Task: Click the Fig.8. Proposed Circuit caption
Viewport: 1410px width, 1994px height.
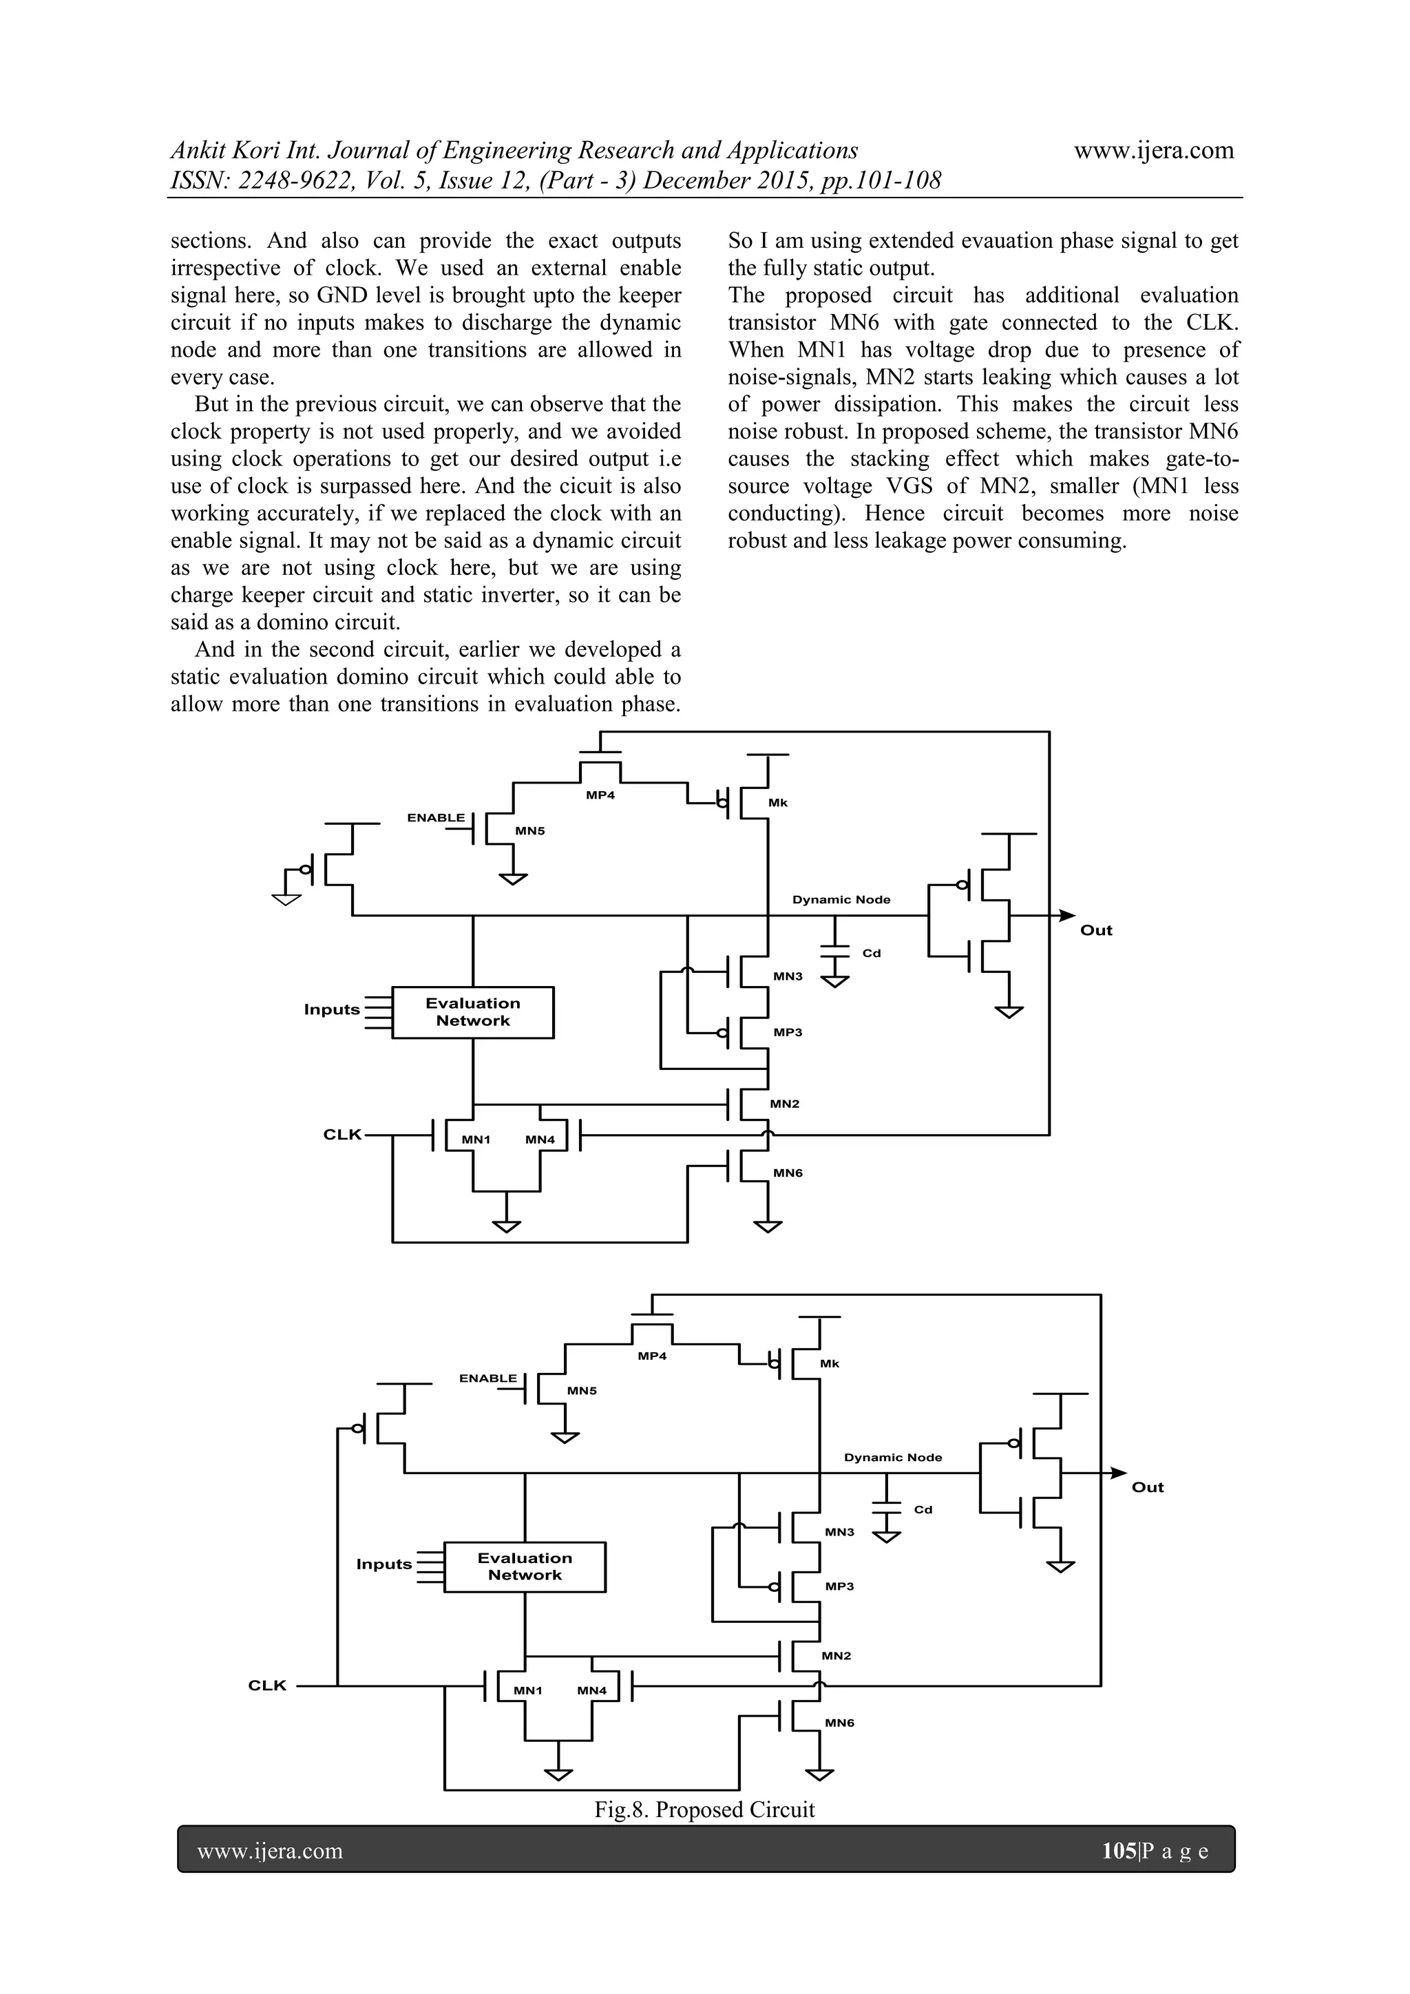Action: (x=704, y=1809)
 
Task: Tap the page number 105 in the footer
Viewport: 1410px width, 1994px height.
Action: (x=1118, y=1851)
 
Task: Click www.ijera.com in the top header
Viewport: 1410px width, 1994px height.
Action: (x=1154, y=150)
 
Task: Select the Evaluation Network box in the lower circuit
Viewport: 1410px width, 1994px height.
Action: (x=525, y=1566)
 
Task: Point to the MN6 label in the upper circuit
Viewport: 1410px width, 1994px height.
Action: (x=788, y=1173)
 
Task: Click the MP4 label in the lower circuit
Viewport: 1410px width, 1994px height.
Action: (x=651, y=1356)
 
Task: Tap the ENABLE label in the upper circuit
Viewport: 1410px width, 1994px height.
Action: (x=436, y=817)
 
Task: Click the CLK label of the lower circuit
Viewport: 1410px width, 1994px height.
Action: (x=267, y=1685)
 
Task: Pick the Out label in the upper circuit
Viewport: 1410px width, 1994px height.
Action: (x=1095, y=930)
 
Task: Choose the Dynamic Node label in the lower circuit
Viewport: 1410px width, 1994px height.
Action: (x=892, y=1458)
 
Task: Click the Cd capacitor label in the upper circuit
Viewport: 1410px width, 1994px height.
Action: (x=871, y=953)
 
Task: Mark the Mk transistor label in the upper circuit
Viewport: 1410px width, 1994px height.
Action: (x=777, y=802)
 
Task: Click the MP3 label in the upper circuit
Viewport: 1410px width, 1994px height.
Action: (x=788, y=1031)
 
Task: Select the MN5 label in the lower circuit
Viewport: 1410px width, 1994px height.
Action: (x=582, y=1390)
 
